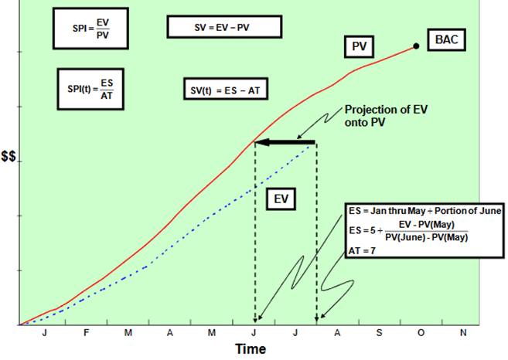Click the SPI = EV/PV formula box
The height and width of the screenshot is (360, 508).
pyautogui.click(x=90, y=29)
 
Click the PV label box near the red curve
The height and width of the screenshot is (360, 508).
pyautogui.click(x=359, y=48)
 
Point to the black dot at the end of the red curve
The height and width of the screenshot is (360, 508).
pyautogui.click(x=417, y=46)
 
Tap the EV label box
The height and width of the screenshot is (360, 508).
pyautogui.click(x=281, y=199)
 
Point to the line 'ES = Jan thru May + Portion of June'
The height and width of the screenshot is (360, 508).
pyautogui.click(x=424, y=209)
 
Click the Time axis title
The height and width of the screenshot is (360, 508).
pyautogui.click(x=251, y=349)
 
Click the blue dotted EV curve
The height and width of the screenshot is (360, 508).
pyautogui.click(x=201, y=223)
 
